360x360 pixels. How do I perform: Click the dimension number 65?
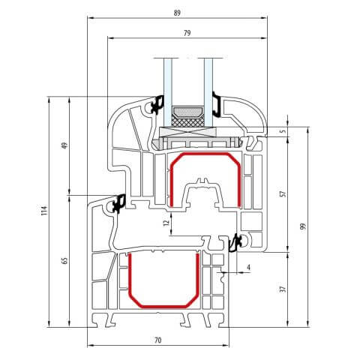point(65,260)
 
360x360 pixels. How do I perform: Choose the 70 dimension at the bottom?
point(157,340)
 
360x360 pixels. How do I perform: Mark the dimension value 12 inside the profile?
point(165,222)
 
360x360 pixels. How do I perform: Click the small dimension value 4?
point(248,265)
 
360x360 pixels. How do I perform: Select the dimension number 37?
point(283,289)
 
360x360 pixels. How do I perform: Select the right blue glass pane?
point(201,82)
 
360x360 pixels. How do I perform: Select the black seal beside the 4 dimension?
point(235,241)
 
